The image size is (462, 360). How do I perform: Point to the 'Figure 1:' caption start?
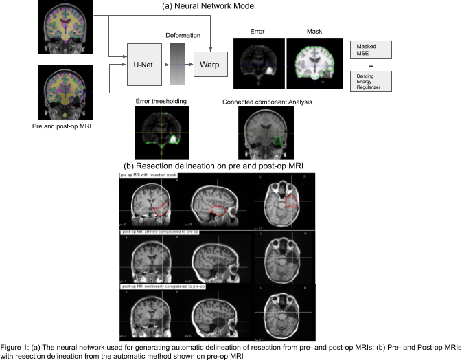pyautogui.click(x=15, y=347)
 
